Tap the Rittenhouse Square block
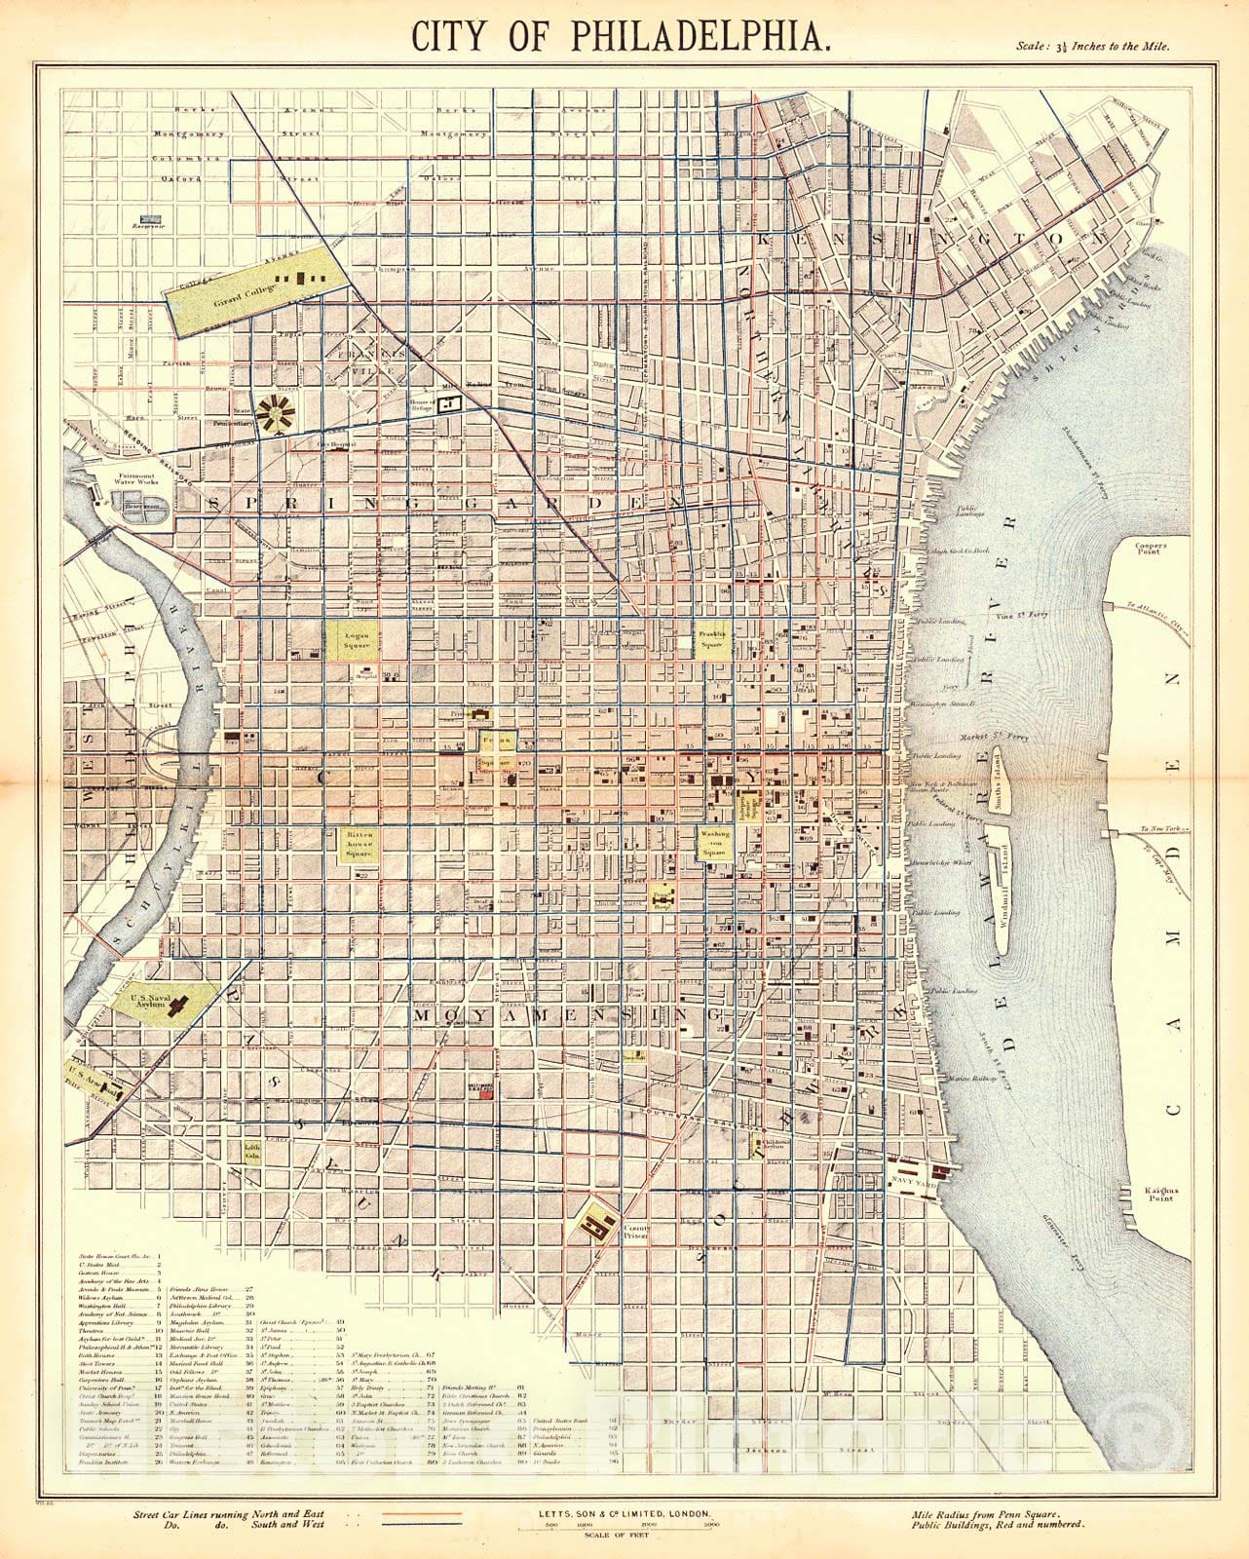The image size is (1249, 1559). click(357, 844)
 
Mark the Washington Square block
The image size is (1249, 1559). click(713, 844)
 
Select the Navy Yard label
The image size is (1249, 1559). click(908, 1181)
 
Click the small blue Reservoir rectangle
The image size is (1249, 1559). click(150, 220)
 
